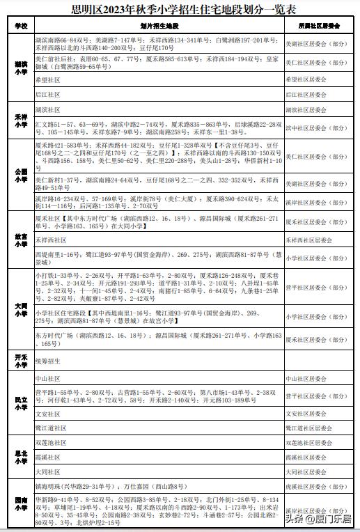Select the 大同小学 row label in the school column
pos(20,308)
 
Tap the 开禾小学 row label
pos(20,361)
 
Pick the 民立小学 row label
pos(20,404)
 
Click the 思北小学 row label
pos(20,457)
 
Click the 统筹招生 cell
pos(49,361)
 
